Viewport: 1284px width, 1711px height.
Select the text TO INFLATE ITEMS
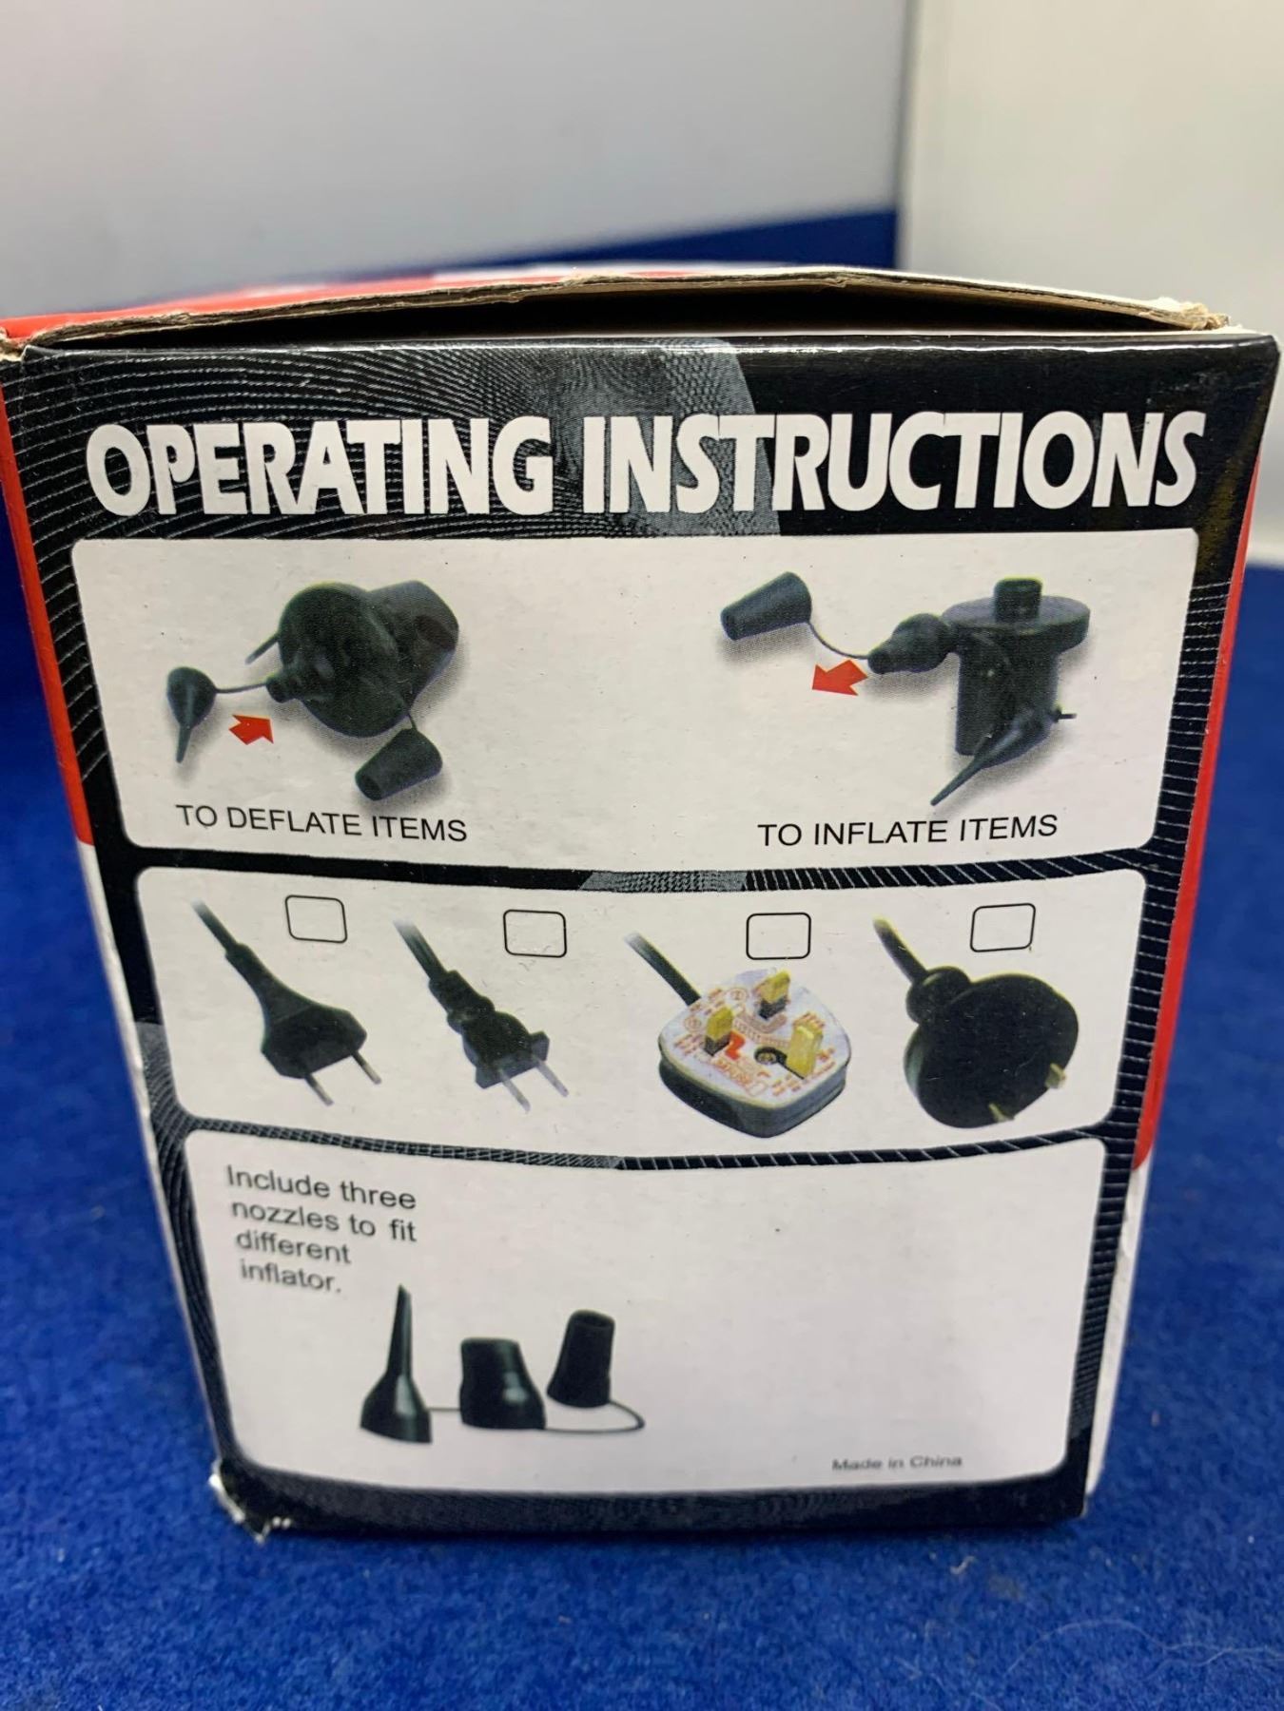[x=907, y=830]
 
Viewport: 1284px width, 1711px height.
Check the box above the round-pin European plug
[x=317, y=917]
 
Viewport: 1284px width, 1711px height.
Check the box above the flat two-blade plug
[x=535, y=932]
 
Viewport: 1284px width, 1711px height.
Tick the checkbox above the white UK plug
[x=778, y=936]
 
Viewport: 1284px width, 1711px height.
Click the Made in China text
[x=896, y=1490]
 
